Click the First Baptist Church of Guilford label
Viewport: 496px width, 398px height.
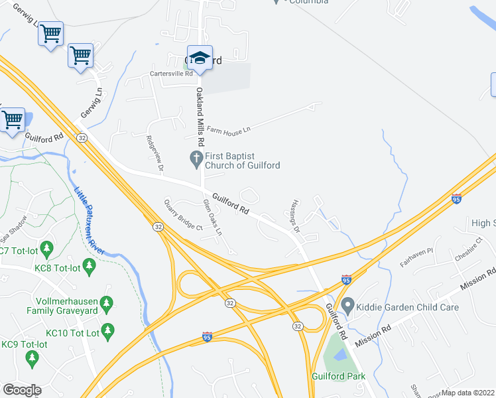(242, 161)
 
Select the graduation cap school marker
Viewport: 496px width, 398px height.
(199, 58)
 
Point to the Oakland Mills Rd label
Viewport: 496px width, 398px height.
(198, 116)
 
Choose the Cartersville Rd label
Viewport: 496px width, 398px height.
(171, 74)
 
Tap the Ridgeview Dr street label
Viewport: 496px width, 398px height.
(154, 154)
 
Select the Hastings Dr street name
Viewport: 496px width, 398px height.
(294, 216)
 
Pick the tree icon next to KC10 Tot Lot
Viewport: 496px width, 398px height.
(108, 329)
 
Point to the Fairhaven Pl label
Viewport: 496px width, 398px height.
(416, 256)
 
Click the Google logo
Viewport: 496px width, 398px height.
(22, 390)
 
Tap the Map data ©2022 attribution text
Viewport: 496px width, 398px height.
(468, 393)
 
